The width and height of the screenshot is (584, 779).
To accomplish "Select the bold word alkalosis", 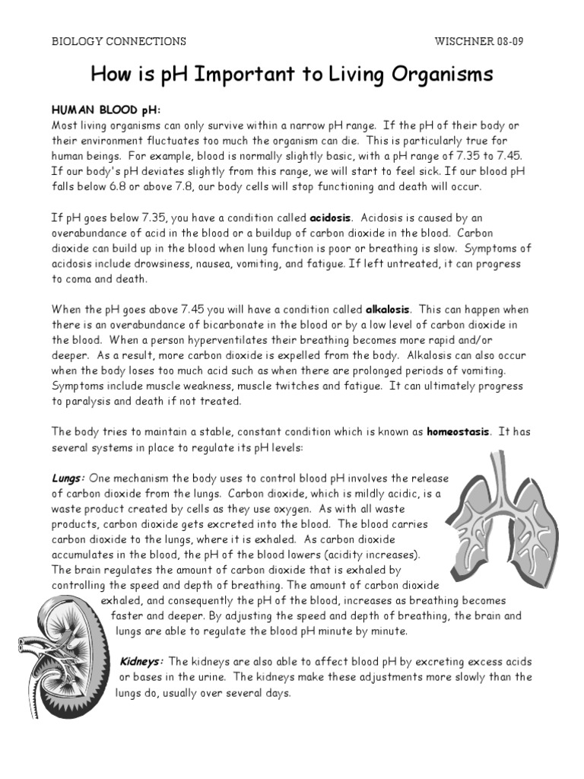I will point(388,310).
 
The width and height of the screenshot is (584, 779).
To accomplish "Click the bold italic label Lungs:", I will point(68,478).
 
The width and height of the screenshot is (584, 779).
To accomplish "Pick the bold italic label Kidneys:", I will point(142,661).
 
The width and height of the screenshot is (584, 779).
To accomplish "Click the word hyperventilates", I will point(216,340).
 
